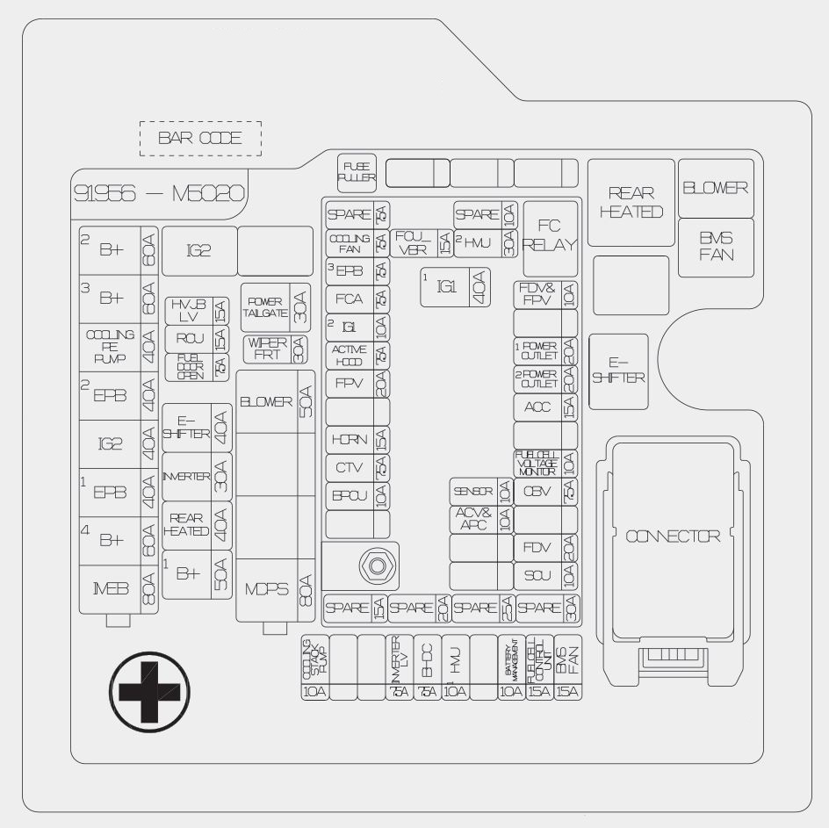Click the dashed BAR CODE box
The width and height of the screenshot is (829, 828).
pyautogui.click(x=200, y=139)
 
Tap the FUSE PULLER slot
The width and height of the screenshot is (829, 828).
pyautogui.click(x=357, y=172)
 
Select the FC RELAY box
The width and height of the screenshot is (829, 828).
pyautogui.click(x=550, y=234)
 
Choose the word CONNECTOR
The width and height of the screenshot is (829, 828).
pyautogui.click(x=673, y=536)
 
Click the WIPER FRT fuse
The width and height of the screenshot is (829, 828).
pyautogui.click(x=276, y=349)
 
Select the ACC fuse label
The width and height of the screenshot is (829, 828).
pyautogui.click(x=537, y=407)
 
